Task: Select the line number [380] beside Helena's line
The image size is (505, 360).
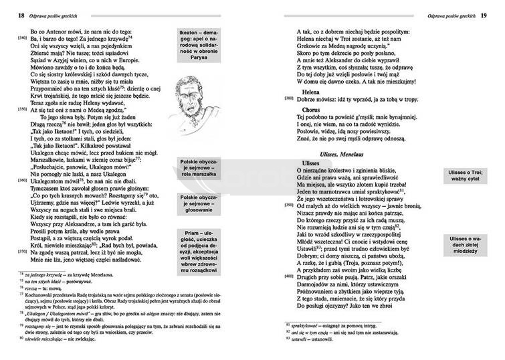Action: (x=289, y=98)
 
